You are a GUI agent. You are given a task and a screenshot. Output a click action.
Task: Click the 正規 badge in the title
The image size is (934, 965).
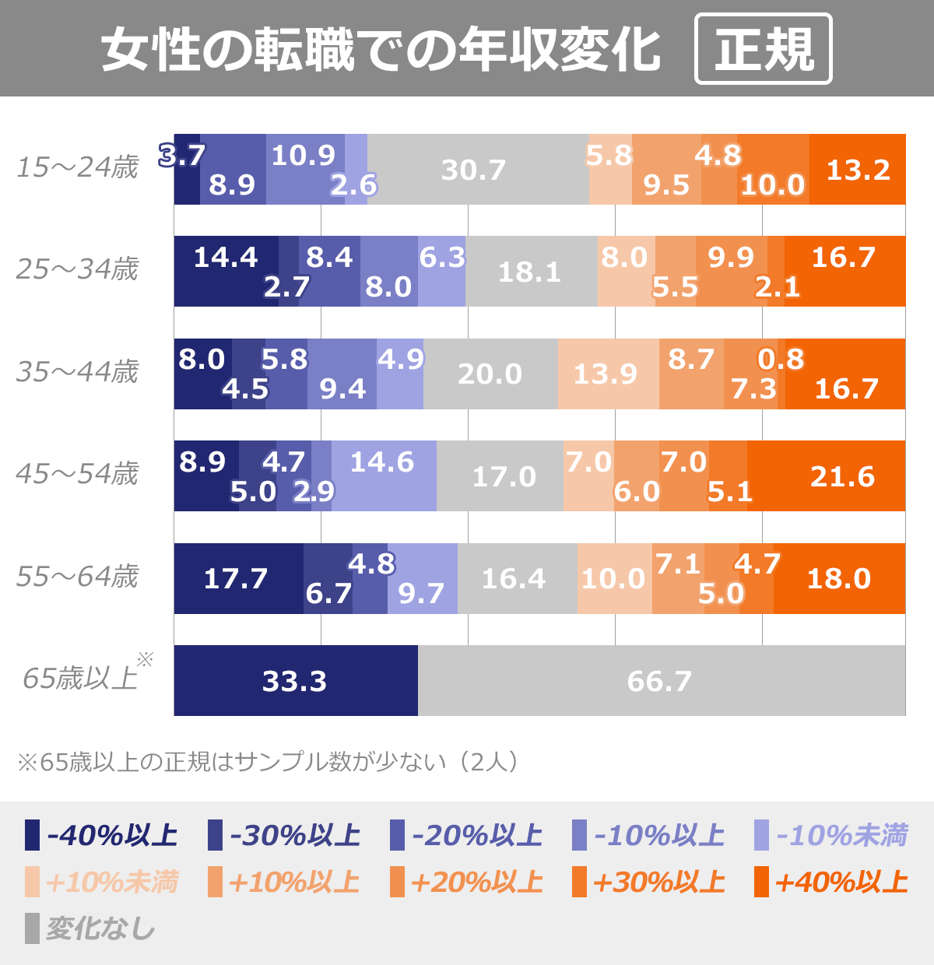click(x=763, y=49)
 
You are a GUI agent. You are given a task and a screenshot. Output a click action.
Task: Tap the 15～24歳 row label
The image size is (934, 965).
click(x=77, y=167)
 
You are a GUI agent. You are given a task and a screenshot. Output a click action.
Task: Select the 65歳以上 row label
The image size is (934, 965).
click(x=80, y=678)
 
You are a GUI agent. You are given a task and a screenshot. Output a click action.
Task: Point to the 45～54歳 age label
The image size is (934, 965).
click(x=77, y=473)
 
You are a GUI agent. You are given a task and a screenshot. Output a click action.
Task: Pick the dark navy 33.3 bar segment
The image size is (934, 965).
click(x=296, y=681)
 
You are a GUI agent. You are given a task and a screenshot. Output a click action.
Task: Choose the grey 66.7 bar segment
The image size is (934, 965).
click(x=662, y=681)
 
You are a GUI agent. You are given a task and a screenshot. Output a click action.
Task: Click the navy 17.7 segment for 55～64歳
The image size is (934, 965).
click(x=237, y=578)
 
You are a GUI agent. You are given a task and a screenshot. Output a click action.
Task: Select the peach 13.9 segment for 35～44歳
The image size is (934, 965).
click(x=608, y=374)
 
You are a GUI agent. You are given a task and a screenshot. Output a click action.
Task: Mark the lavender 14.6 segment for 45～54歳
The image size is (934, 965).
click(x=384, y=476)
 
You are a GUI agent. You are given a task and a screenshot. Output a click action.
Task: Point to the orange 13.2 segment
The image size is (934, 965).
click(x=858, y=170)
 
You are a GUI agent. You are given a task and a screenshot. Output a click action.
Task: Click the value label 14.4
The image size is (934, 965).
click(x=225, y=257)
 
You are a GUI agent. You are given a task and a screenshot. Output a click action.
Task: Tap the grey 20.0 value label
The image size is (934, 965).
click(x=490, y=374)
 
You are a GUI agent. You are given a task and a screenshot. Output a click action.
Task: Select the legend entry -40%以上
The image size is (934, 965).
click(x=102, y=835)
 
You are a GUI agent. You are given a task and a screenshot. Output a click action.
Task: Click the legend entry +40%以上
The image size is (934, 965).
click(x=831, y=882)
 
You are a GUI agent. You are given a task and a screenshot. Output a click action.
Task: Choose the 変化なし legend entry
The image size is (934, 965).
click(x=90, y=928)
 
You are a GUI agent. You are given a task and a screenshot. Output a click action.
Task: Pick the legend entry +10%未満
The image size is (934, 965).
click(x=102, y=882)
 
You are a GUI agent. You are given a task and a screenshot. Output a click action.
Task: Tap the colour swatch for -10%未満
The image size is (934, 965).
click(x=762, y=835)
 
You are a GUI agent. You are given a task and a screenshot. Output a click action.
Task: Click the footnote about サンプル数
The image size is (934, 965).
click(x=268, y=761)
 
